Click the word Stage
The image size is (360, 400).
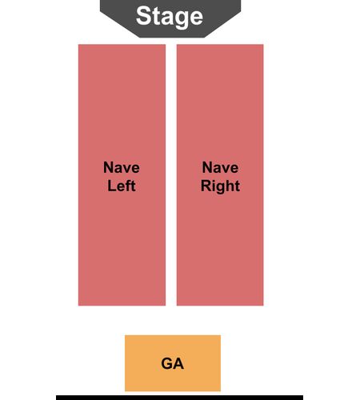click(x=170, y=17)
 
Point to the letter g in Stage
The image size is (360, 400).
click(x=180, y=19)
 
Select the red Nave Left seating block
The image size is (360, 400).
click(x=122, y=175)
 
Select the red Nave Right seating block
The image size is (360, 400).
click(x=220, y=175)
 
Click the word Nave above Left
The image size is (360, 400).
click(x=122, y=167)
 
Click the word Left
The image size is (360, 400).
click(x=122, y=186)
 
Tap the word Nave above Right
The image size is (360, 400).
click(x=220, y=167)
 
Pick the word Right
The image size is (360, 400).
click(x=220, y=186)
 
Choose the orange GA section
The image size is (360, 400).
click(x=173, y=363)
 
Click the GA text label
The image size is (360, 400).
click(x=173, y=363)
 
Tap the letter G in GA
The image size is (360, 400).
click(x=166, y=363)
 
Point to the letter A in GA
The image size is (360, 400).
click(x=178, y=363)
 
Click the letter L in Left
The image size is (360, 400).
click(x=111, y=186)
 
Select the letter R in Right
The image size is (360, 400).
click(x=206, y=186)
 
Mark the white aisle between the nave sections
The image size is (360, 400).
click(x=171, y=175)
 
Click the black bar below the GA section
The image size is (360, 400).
click(x=179, y=398)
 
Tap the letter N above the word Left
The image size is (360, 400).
click(x=109, y=167)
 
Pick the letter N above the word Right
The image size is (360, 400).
click(x=207, y=167)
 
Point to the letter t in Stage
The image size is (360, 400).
click(x=156, y=17)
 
